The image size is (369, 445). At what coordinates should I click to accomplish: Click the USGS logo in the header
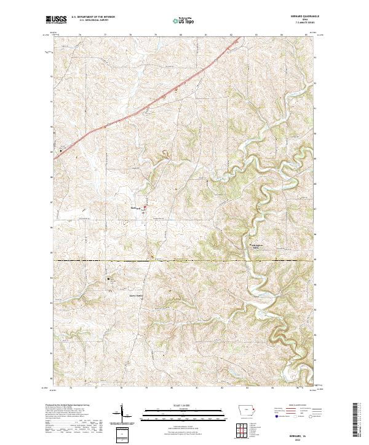(57, 20)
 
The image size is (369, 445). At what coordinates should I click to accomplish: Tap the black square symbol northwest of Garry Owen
(109, 279)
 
